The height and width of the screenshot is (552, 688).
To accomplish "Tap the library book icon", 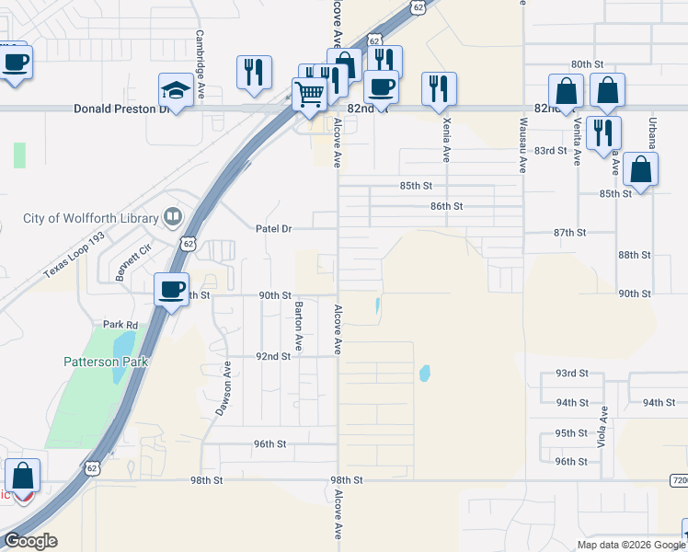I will coord(172,217).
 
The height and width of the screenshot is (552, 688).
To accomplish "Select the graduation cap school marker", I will coord(174,90).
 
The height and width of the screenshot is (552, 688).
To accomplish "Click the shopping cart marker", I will coord(310,94).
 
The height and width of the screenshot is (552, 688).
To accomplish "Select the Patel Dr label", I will coord(272,227).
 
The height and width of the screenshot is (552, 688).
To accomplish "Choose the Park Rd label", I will coord(120,325).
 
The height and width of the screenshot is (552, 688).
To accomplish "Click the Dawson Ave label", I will coord(222,388).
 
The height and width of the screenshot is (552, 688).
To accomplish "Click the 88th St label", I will coord(634,254).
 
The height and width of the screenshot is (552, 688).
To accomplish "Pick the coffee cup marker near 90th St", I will coord(171,289).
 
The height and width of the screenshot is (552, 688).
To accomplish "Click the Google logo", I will coord(30,541).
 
